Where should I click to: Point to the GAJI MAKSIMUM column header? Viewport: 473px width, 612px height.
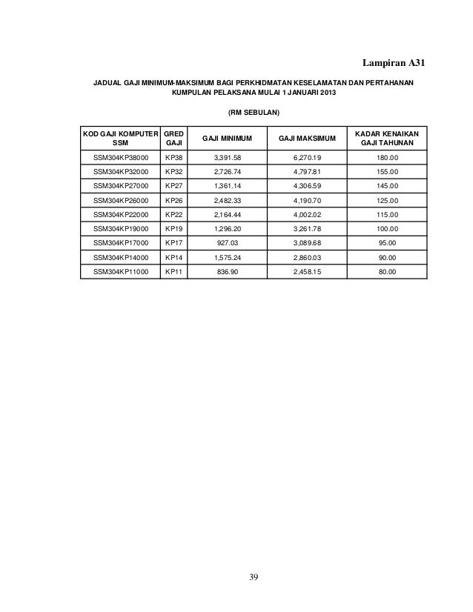click(306, 138)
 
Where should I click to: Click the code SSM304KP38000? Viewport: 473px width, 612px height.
click(120, 158)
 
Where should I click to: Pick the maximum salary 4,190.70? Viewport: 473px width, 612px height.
click(306, 200)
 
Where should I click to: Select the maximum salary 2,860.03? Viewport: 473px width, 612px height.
click(306, 257)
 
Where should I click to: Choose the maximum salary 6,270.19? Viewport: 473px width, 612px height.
click(306, 158)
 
